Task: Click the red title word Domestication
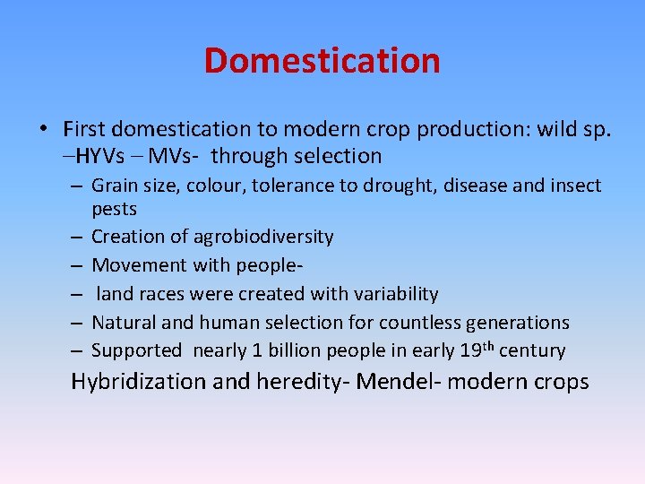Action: [x=322, y=61]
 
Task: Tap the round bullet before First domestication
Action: [x=44, y=129]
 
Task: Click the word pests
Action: [x=114, y=209]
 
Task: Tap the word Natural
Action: [x=125, y=322]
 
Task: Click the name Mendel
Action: [x=391, y=382]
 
